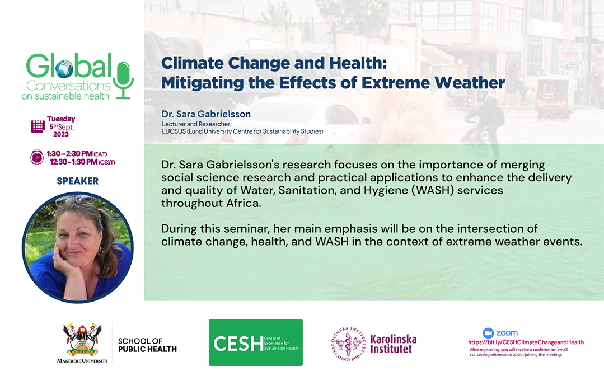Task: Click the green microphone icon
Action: [x=124, y=79]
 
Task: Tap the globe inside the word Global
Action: [x=64, y=69]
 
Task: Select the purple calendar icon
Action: [x=38, y=126]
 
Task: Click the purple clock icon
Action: [x=37, y=157]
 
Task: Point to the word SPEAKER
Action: [x=78, y=181]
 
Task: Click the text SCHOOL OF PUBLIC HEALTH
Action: [x=147, y=345]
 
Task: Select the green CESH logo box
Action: [x=256, y=342]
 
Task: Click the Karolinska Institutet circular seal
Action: [x=348, y=344]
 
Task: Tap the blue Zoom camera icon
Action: [x=488, y=333]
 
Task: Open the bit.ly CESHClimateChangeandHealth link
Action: [x=526, y=342]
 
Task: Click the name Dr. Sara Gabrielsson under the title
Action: [x=206, y=114]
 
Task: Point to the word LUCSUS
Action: [x=174, y=131]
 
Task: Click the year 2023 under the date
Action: [x=61, y=134]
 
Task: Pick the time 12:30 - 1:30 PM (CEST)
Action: [x=82, y=162]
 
